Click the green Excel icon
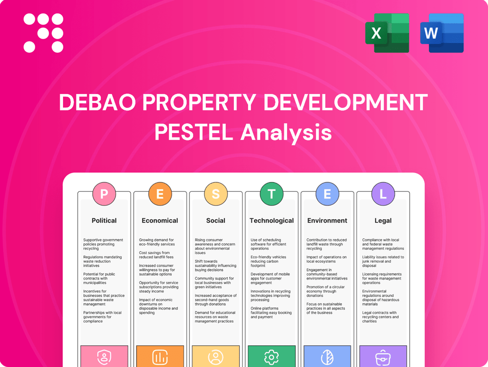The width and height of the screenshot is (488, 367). [387, 33]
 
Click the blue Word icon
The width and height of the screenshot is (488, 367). [442, 33]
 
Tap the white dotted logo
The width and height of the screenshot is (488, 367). [43, 33]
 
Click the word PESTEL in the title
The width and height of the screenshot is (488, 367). [191, 132]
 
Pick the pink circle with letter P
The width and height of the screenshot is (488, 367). [104, 194]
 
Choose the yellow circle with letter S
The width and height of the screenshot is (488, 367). [216, 194]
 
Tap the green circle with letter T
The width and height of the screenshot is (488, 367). [272, 194]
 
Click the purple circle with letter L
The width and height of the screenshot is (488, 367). [383, 194]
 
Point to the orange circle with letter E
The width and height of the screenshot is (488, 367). [160, 194]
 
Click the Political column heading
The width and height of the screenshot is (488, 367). [104, 221]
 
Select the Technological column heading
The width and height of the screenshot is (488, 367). [272, 221]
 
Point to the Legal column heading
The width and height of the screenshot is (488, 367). [383, 221]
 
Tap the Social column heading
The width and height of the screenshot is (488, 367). [216, 221]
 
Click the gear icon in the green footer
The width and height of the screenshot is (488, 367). [272, 357]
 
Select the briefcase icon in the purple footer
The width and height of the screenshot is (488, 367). [383, 357]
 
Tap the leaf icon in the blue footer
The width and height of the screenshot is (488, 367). [327, 357]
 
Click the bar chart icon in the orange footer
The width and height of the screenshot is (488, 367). [160, 357]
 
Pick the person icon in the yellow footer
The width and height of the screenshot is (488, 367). [216, 357]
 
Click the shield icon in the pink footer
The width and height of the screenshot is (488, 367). [104, 357]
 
